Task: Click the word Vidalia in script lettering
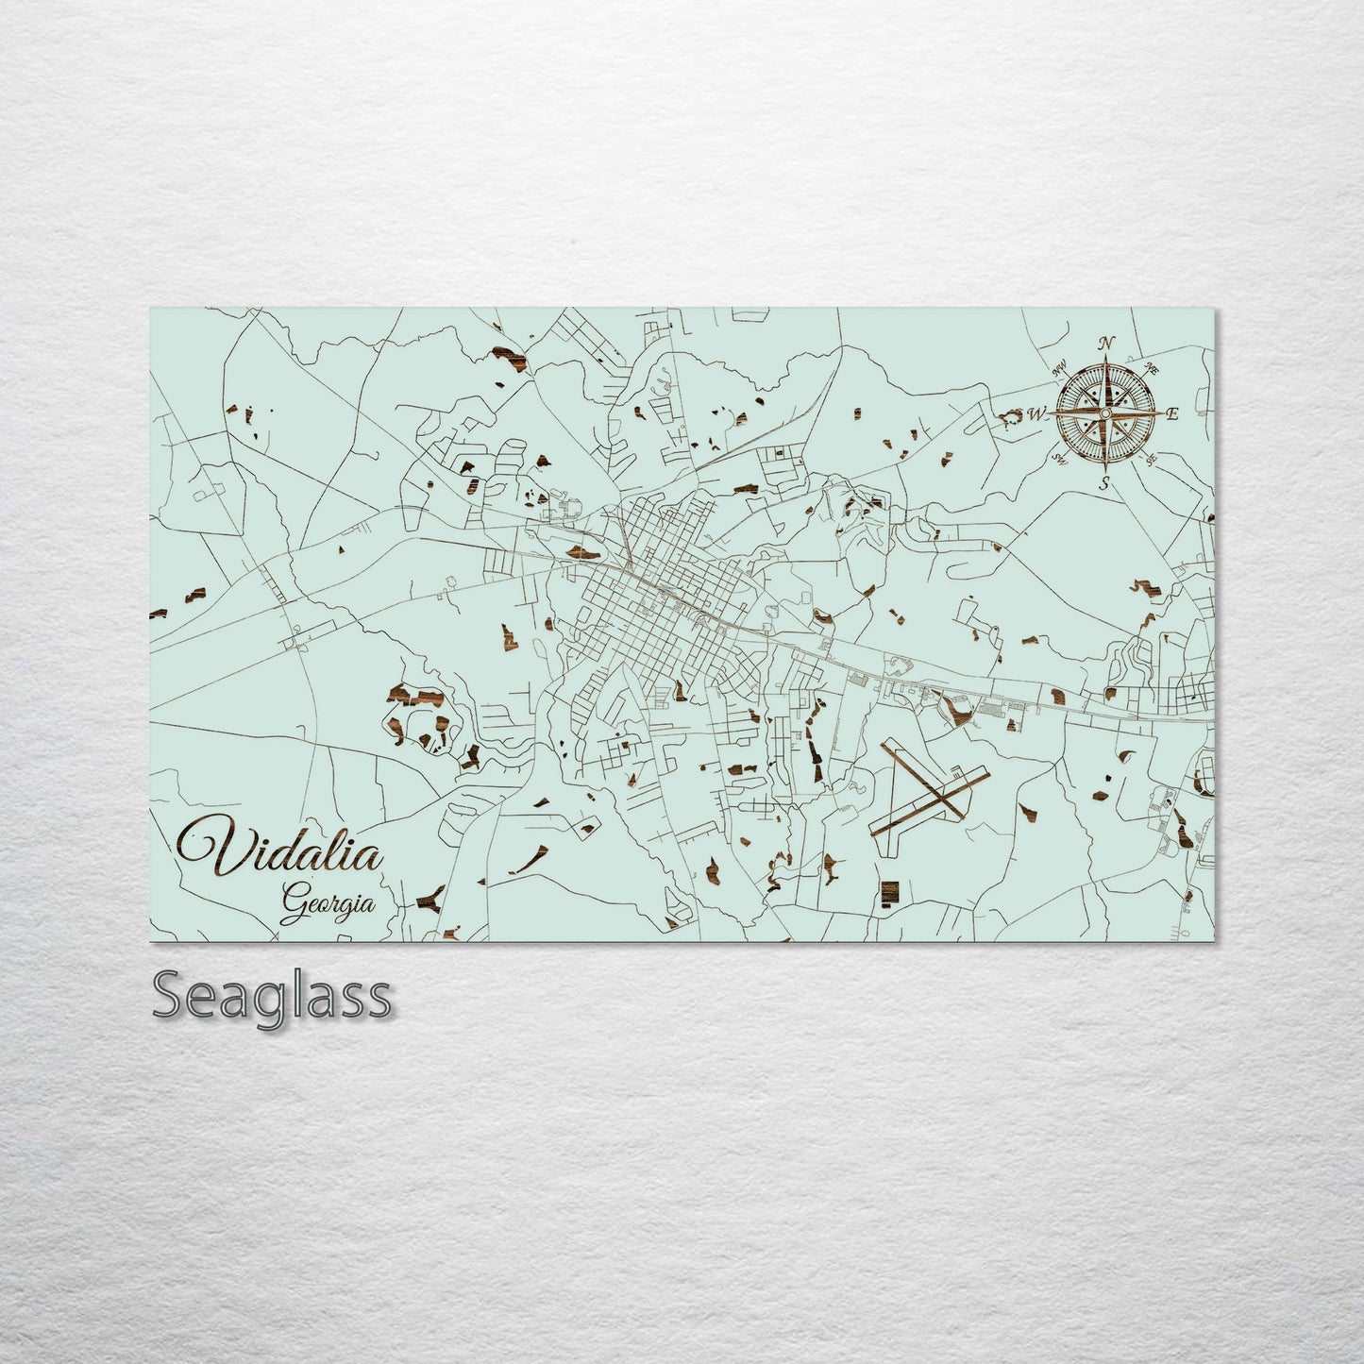point(284,847)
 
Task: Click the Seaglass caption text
point(271,996)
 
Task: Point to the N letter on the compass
point(1108,344)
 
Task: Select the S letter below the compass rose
point(1103,484)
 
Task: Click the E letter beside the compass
point(1173,413)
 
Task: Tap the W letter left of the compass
point(1036,413)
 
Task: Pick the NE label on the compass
point(1152,369)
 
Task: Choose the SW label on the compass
point(1059,459)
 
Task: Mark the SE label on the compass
point(1151,460)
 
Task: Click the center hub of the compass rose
point(1105,413)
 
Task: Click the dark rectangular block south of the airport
point(888,893)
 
